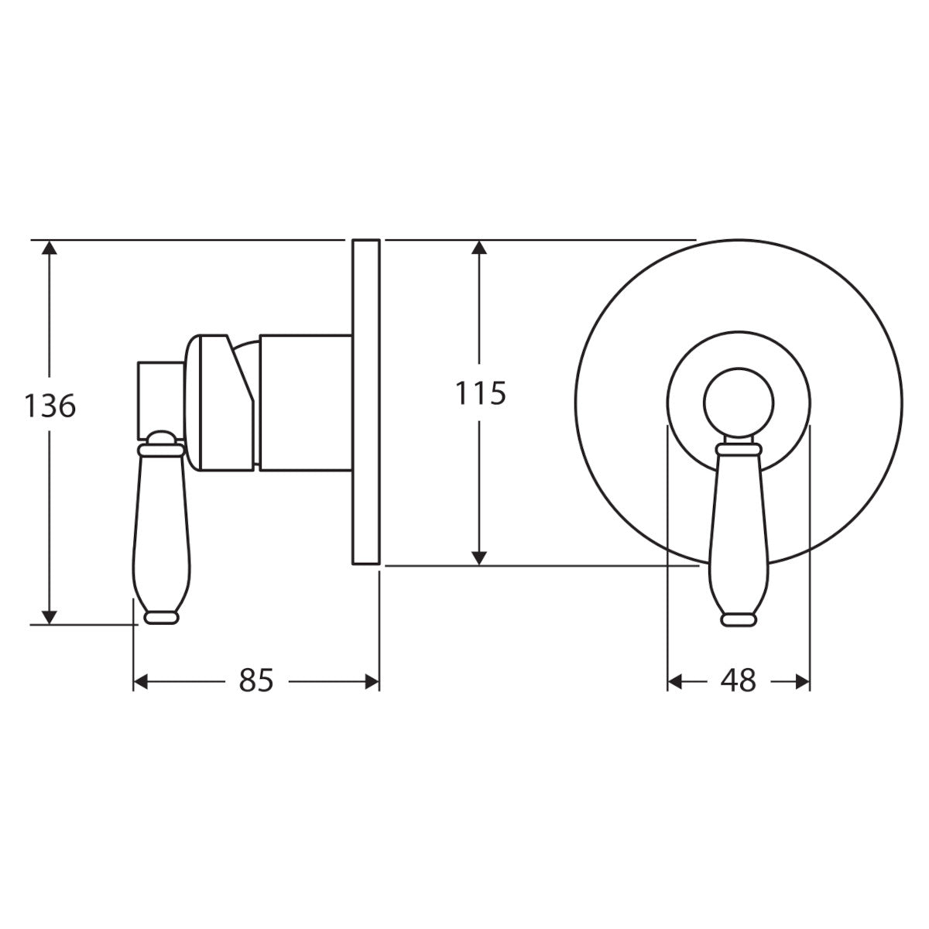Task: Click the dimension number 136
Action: [x=50, y=406]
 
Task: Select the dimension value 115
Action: [x=480, y=393]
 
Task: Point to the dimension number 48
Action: [x=738, y=682]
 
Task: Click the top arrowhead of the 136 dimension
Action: [x=50, y=247]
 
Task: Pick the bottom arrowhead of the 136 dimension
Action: [x=50, y=617]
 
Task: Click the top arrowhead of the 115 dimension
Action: [x=478, y=247]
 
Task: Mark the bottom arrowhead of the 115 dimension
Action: [x=478, y=557]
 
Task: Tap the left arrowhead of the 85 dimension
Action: [x=140, y=682]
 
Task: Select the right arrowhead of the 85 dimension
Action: [x=372, y=682]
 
